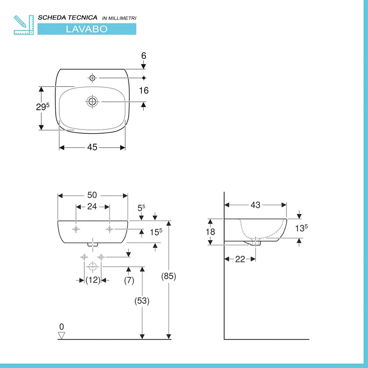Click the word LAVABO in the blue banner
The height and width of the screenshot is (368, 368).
coord(86,29)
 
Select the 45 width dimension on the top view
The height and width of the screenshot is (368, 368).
coord(92,147)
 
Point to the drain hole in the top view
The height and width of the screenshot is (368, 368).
coord(92,101)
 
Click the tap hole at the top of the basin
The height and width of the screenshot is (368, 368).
coord(92,78)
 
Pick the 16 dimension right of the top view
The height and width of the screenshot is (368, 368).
coord(144,90)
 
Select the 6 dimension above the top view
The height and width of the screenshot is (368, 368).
coord(144,56)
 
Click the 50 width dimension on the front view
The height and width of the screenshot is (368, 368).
coord(92,195)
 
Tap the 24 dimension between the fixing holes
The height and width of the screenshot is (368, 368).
coord(92,206)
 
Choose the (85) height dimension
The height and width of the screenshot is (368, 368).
coord(169,276)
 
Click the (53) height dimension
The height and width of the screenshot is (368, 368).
coord(142,301)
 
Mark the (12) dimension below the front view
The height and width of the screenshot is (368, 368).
coord(93,280)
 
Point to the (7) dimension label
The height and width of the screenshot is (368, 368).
coord(128,280)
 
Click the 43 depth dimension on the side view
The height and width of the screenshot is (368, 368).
coord(255,205)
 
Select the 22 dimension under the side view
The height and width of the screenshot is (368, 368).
coord(240,259)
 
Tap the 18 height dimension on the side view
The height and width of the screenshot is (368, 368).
coord(210,232)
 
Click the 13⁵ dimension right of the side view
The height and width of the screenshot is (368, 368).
coord(301,228)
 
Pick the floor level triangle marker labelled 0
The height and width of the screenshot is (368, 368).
coord(61,335)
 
